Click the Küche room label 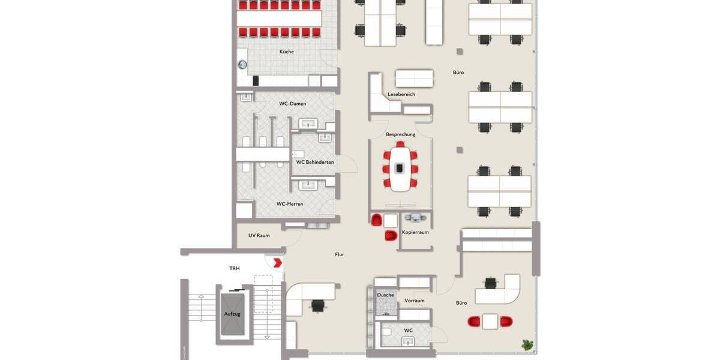[x=287, y=52]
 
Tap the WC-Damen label [x=292, y=104]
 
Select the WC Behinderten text [x=315, y=162]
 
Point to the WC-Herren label [x=290, y=204]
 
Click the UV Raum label [x=259, y=235]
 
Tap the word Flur [x=340, y=254]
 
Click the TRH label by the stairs [x=235, y=268]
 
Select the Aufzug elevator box [x=232, y=314]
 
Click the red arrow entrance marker [x=278, y=262]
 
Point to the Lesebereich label [x=401, y=94]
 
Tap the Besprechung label [x=401, y=134]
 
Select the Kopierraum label [x=415, y=232]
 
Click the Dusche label [x=385, y=295]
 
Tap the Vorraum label [x=415, y=301]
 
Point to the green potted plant [x=527, y=344]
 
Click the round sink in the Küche [x=242, y=64]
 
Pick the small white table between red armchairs [x=490, y=322]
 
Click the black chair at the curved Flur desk [x=317, y=306]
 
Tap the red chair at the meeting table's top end [x=400, y=145]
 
